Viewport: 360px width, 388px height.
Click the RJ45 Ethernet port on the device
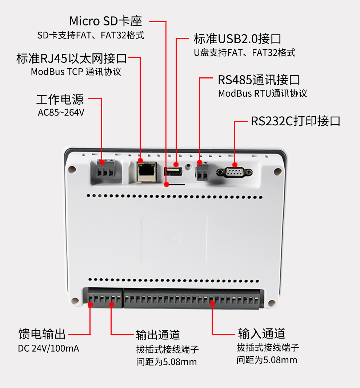click(146, 171)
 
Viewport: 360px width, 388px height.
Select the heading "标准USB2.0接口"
click(237, 39)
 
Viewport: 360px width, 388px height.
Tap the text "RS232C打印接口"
click(295, 121)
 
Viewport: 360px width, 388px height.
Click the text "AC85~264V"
click(61, 113)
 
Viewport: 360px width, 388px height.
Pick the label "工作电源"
click(60, 99)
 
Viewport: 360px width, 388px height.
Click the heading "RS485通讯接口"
click(259, 80)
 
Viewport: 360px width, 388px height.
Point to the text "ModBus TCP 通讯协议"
click(76, 72)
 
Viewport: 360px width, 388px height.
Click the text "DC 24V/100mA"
click(48, 348)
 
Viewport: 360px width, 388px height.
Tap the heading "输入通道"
click(261, 333)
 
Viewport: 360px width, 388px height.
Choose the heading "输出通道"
click(158, 335)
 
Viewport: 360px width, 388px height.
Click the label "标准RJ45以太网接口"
click(71, 58)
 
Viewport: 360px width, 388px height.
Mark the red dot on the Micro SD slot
click(167, 185)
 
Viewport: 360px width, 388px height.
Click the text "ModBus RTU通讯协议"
click(263, 93)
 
